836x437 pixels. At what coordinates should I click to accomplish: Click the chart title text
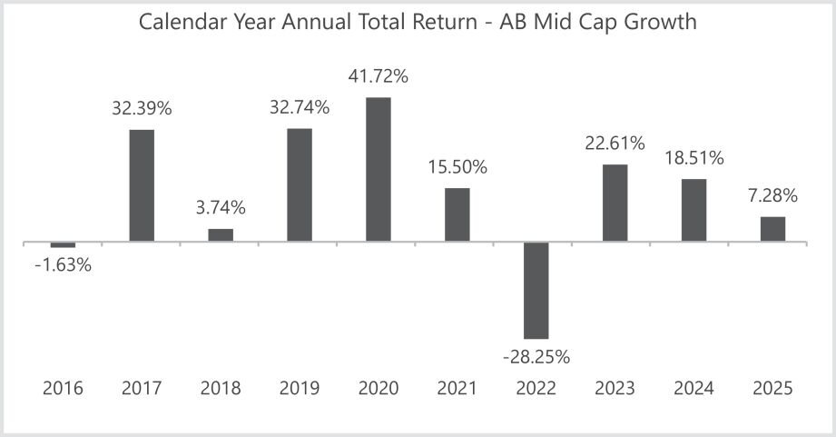[x=418, y=22]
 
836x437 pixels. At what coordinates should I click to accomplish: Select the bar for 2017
[x=142, y=185]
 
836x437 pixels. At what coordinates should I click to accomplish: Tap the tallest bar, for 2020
[x=379, y=169]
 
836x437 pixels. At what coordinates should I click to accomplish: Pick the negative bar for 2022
[x=536, y=291]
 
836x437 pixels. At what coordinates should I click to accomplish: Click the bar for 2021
[x=457, y=214]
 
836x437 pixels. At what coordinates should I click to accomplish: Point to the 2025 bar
[x=772, y=229]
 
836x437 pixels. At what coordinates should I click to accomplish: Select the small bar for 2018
[x=221, y=235]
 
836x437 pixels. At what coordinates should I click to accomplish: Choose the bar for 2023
[x=615, y=203]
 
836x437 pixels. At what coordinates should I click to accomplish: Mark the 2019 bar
[x=300, y=184]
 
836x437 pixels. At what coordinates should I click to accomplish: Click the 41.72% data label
[x=379, y=76]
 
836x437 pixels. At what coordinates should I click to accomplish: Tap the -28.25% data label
[x=536, y=357]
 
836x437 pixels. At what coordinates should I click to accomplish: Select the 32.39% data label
[x=142, y=109]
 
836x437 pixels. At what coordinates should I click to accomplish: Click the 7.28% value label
[x=772, y=195]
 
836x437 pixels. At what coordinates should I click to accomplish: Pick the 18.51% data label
[x=693, y=158]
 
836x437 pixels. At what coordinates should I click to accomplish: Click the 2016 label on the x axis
[x=63, y=389]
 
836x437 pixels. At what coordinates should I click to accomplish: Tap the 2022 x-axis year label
[x=536, y=389]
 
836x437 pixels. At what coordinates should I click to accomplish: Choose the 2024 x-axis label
[x=693, y=389]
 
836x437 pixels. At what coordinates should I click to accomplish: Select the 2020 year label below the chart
[x=379, y=389]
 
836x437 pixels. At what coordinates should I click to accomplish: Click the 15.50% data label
[x=457, y=167]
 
